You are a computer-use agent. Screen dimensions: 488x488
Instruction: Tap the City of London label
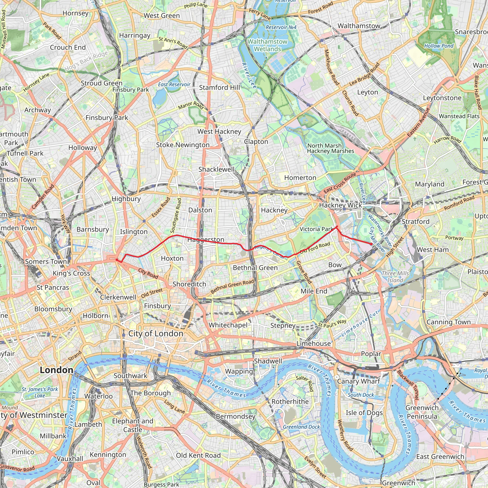[156, 333]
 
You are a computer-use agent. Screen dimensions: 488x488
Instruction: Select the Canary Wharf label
[358, 381]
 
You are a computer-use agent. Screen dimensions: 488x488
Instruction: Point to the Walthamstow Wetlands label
[268, 45]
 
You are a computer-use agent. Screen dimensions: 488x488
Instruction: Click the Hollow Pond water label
[439, 46]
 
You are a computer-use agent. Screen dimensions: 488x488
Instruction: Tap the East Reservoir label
[174, 84]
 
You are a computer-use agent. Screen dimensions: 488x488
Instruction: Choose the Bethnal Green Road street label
[232, 286]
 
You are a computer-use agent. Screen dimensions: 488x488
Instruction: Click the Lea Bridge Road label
[365, 74]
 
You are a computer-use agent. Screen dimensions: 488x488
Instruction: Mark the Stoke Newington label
[183, 145]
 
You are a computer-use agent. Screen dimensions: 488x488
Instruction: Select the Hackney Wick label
[340, 205]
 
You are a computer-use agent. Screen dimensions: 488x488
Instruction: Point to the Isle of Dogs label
[364, 413]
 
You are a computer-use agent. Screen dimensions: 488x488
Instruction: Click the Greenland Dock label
[301, 427]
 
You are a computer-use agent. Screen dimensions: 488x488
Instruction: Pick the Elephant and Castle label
[133, 425]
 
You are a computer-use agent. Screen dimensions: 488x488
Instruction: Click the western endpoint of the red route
[117, 260]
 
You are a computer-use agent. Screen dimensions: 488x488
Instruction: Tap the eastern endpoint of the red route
[371, 244]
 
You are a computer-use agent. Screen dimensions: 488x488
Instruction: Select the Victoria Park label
[316, 229]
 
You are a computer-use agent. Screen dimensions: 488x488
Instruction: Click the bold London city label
[56, 370]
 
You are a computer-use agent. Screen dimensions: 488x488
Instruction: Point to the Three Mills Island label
[395, 277]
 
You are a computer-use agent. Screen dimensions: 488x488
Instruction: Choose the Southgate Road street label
[176, 215]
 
